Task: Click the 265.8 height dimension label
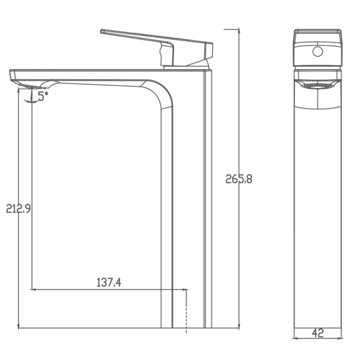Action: pos(239,179)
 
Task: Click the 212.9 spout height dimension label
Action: pos(19,209)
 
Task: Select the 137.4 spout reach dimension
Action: pos(109,282)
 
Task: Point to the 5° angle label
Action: pos(42,95)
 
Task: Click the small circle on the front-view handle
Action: pos(317,52)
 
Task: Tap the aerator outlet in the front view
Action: pos(317,86)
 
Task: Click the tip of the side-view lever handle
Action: pos(103,31)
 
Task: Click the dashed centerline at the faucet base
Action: pos(187,312)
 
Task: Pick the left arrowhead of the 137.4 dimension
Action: pos(33,289)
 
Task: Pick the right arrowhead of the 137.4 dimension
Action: pos(184,289)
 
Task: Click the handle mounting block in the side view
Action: pos(167,55)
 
